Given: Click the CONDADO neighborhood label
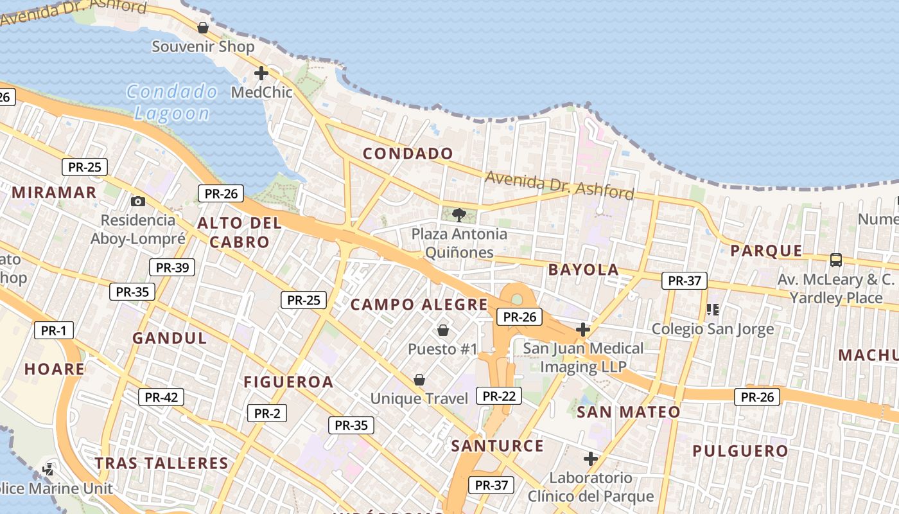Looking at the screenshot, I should coord(408,154).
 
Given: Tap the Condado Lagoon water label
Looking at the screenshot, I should coord(172,102).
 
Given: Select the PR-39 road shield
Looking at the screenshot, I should coord(171,267).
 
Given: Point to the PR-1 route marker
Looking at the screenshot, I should coord(54,330).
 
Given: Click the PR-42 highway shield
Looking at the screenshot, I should coord(161,397).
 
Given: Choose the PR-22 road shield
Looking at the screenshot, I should coord(499,396).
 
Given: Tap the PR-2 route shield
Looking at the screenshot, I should coord(267,413).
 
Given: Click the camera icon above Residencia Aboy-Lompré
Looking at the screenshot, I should coord(137,201).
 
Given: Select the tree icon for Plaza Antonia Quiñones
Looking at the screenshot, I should coord(458,215).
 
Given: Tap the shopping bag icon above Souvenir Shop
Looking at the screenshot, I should coord(203,28).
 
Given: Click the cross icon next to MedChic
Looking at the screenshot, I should coord(261,73).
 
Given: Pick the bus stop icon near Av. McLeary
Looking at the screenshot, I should coord(835,260).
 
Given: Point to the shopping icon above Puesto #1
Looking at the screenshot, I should coord(442,330).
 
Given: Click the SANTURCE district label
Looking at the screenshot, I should coord(497,446).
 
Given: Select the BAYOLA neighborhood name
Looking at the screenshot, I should coord(583,270).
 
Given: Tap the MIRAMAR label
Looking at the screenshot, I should coord(54,192).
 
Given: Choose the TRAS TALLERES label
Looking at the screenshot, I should coord(161,463).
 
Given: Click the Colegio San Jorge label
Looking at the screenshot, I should coord(713,329).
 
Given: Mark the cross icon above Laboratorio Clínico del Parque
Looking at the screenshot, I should coord(590,459).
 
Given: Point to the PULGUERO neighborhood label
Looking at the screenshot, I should coord(740,451).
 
